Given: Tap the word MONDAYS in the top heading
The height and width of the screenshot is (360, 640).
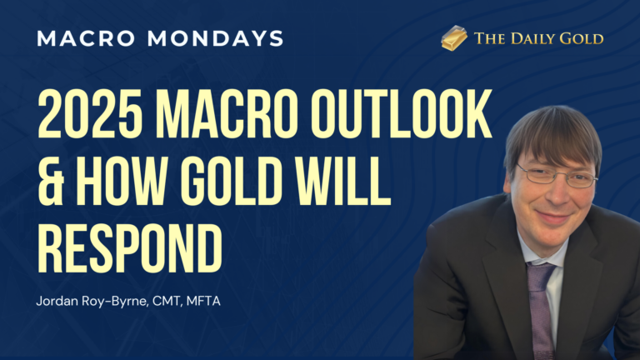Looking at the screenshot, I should tap(217, 38).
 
